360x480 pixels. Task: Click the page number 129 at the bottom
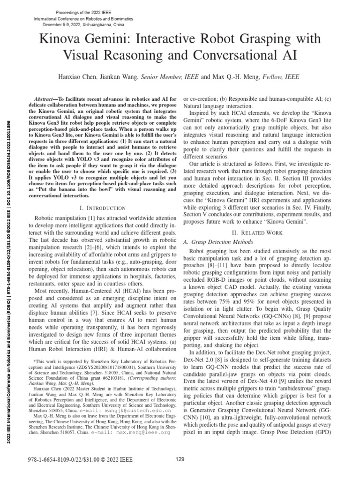[x=180, y=458]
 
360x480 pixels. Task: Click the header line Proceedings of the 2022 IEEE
[x=86, y=10]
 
